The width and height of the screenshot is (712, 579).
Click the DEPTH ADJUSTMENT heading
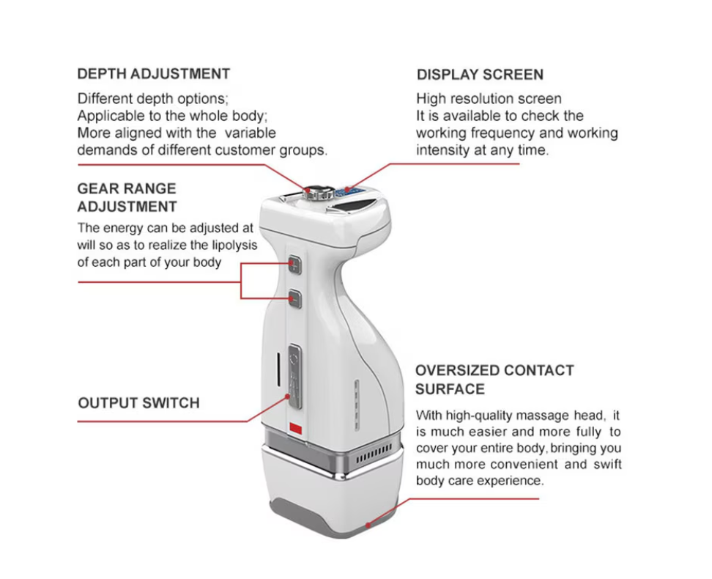154,74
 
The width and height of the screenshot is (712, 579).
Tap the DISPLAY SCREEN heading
480,75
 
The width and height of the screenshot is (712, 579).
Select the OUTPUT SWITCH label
138,403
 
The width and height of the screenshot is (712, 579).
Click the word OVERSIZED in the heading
456,370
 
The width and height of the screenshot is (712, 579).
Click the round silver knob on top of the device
319,193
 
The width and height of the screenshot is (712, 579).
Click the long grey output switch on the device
294,377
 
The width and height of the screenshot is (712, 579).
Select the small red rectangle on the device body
296,428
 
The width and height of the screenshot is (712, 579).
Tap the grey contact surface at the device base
334,518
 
